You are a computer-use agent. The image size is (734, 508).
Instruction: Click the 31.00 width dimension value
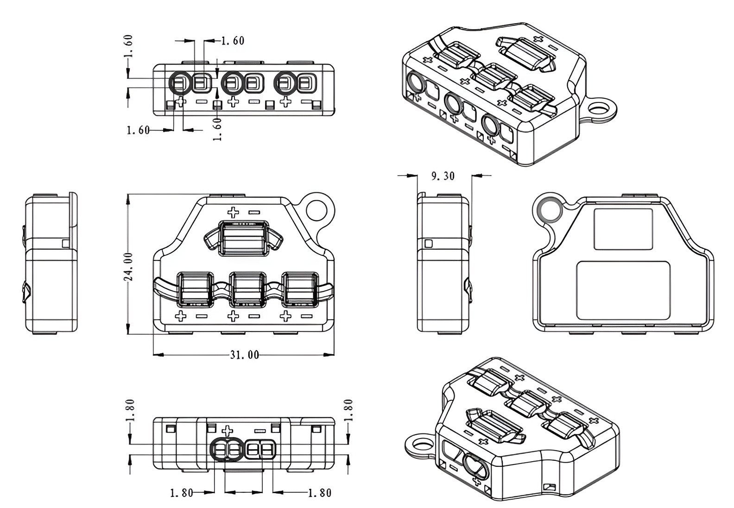point(244,355)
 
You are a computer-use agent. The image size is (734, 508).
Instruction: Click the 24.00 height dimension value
point(128,267)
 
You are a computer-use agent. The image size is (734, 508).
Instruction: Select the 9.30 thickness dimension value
point(443,176)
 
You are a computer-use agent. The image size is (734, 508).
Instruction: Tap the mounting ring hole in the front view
point(317,210)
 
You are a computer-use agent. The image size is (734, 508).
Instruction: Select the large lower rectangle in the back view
point(623,290)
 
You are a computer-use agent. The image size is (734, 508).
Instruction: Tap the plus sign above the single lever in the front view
point(233,212)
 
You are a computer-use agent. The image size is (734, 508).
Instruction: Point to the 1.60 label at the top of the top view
point(232,41)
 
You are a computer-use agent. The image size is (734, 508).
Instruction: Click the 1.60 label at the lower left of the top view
point(138,130)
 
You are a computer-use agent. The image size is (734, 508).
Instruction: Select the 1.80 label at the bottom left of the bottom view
point(181,493)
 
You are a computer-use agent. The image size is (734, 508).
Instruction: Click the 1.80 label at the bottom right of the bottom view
point(320,493)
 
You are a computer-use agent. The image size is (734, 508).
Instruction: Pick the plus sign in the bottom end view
point(227,430)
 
